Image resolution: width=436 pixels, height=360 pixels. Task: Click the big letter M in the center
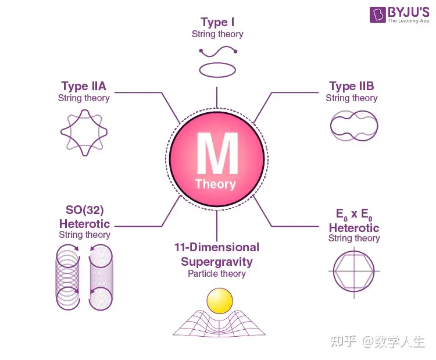(x=217, y=152)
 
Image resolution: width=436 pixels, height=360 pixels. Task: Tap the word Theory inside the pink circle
(x=216, y=184)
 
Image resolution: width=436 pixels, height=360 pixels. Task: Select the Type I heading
(x=217, y=23)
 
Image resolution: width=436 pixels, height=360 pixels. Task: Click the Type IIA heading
(x=84, y=87)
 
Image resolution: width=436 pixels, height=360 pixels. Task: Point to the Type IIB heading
(x=351, y=87)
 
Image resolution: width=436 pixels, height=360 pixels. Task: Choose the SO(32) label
(x=84, y=209)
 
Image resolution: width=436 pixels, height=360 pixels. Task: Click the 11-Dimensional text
(x=217, y=247)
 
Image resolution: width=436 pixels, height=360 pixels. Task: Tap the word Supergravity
(x=217, y=261)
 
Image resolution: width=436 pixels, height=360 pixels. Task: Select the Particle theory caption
(x=217, y=274)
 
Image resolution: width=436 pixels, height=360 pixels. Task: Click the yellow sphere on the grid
(x=220, y=301)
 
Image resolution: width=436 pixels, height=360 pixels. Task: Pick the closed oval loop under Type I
(x=217, y=70)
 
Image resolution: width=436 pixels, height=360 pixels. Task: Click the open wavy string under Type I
(x=218, y=52)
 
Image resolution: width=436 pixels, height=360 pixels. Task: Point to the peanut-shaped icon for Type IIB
(x=354, y=124)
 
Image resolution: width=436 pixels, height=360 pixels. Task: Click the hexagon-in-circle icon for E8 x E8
(x=354, y=270)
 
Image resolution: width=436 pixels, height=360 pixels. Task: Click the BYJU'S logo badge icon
(x=377, y=15)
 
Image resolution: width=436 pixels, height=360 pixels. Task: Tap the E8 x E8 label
(x=354, y=213)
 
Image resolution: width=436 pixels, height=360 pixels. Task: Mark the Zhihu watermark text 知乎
(x=344, y=341)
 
